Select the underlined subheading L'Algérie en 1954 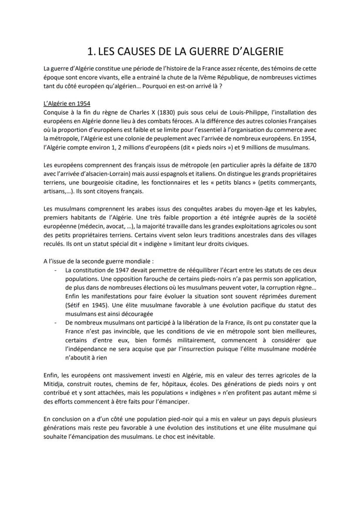[x=67, y=104]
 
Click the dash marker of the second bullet [x=55, y=322]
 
